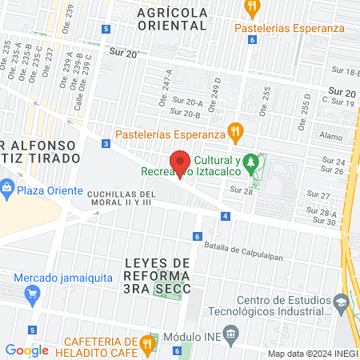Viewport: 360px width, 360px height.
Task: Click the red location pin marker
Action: [181, 163]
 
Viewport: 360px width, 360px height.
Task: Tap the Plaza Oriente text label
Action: [50, 190]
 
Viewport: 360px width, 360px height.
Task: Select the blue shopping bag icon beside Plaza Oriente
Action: [7, 190]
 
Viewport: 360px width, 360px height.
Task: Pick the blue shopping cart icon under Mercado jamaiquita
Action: [33, 296]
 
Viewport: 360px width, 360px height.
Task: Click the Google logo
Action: [27, 350]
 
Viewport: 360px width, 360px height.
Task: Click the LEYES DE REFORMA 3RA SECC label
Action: [158, 274]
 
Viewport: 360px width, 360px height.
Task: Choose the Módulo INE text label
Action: [191, 333]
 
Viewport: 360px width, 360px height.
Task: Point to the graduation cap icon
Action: [342, 304]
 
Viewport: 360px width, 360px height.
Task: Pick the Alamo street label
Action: [330, 137]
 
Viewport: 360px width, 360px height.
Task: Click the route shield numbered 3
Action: [106, 144]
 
